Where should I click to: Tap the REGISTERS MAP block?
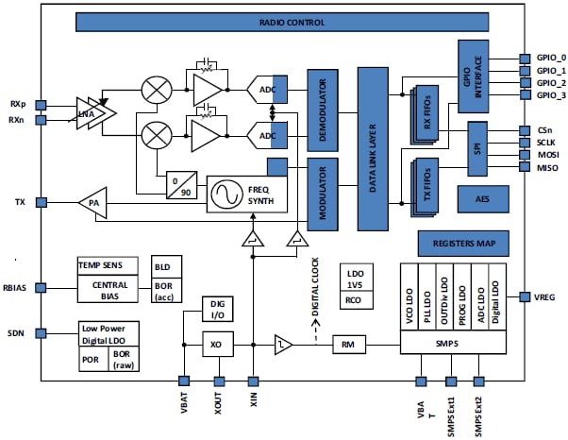click(462, 243)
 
